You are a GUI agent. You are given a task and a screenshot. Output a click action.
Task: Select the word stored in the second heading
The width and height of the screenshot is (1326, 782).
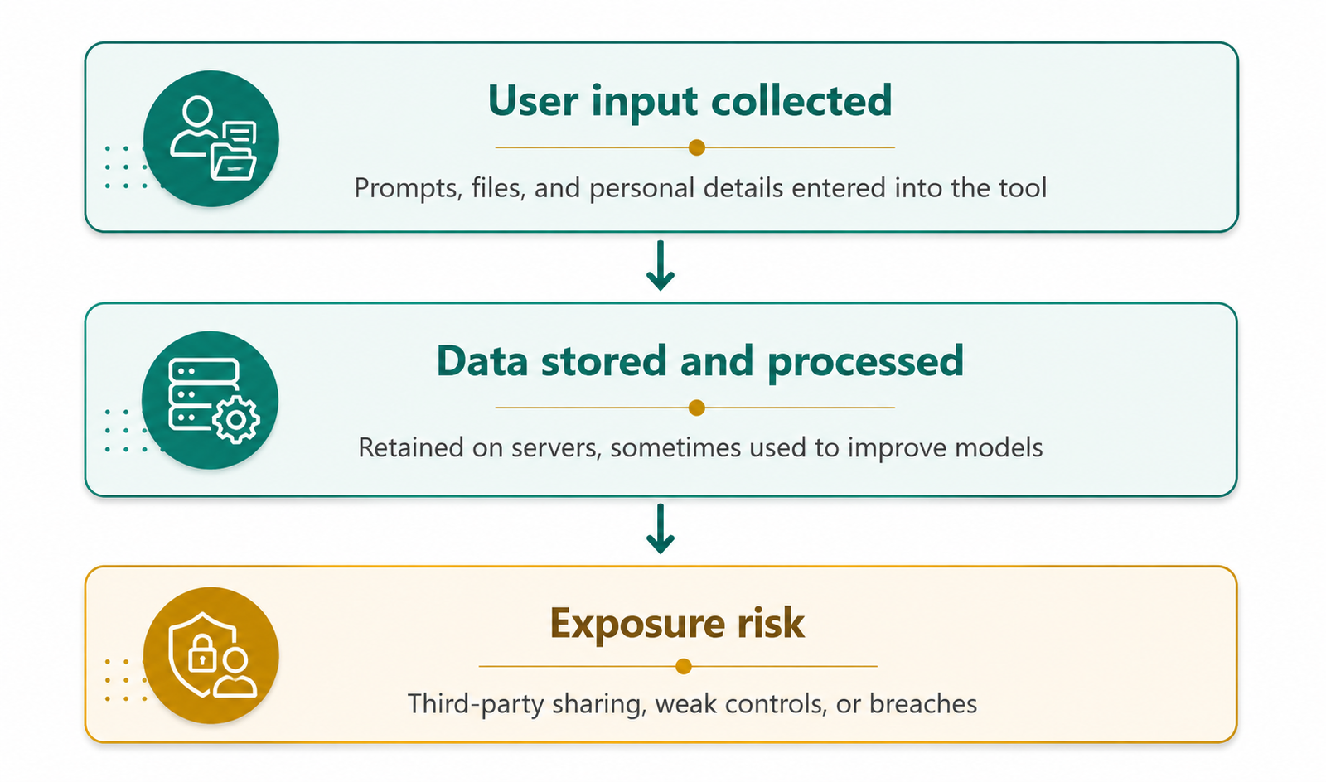(x=604, y=361)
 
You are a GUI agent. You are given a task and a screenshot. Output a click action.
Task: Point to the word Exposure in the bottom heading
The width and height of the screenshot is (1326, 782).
(x=636, y=625)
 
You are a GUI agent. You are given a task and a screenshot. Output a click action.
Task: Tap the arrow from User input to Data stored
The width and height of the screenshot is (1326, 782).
(x=660, y=266)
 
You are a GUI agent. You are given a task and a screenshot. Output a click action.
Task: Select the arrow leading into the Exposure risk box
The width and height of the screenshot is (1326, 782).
(x=660, y=529)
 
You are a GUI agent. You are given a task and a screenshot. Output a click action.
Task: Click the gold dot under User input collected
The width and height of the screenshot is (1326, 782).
(x=697, y=147)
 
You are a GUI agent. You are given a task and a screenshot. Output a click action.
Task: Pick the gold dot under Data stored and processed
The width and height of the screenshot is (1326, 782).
(x=697, y=408)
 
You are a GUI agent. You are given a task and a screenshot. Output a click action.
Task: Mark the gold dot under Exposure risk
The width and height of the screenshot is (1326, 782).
(x=684, y=667)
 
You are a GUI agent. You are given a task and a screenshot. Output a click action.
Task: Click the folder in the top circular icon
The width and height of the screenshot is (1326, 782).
(x=233, y=162)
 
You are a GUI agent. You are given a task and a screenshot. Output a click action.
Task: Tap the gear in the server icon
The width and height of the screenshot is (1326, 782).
(x=236, y=420)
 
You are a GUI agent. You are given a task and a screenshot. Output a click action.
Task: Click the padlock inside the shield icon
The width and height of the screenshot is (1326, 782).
(x=201, y=654)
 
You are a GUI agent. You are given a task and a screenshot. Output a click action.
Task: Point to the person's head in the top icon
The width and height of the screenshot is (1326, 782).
(x=197, y=111)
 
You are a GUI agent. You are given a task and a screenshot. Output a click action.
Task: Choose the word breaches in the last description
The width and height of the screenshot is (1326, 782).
(x=923, y=704)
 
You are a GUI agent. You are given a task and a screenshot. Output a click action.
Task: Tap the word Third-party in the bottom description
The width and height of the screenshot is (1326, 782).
(x=474, y=705)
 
